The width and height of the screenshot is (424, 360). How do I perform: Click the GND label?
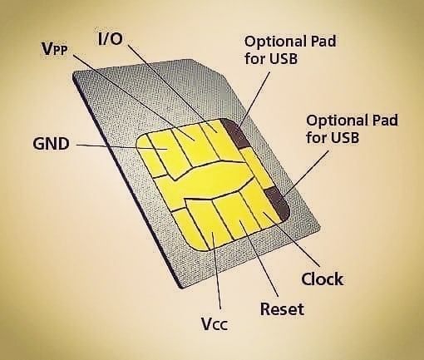coord(51,144)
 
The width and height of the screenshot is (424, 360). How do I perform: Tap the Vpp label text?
coord(55,49)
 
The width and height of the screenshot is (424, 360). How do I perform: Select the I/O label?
coord(111,39)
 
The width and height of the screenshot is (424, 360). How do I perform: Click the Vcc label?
coord(214,323)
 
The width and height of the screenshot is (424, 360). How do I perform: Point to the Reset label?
coord(282,308)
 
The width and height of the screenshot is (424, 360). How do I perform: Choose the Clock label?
coord(323,279)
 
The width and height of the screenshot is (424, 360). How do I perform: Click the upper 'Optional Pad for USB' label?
coord(290,50)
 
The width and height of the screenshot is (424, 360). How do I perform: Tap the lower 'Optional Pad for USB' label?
coord(352,129)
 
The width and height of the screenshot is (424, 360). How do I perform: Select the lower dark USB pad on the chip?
coord(278,203)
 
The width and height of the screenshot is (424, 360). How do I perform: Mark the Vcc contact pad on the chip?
coord(206,223)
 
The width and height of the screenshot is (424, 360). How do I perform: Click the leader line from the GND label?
coord(121,147)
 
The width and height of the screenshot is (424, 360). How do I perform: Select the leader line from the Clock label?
coord(291,239)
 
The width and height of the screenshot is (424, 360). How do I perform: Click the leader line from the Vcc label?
coord(216,271)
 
